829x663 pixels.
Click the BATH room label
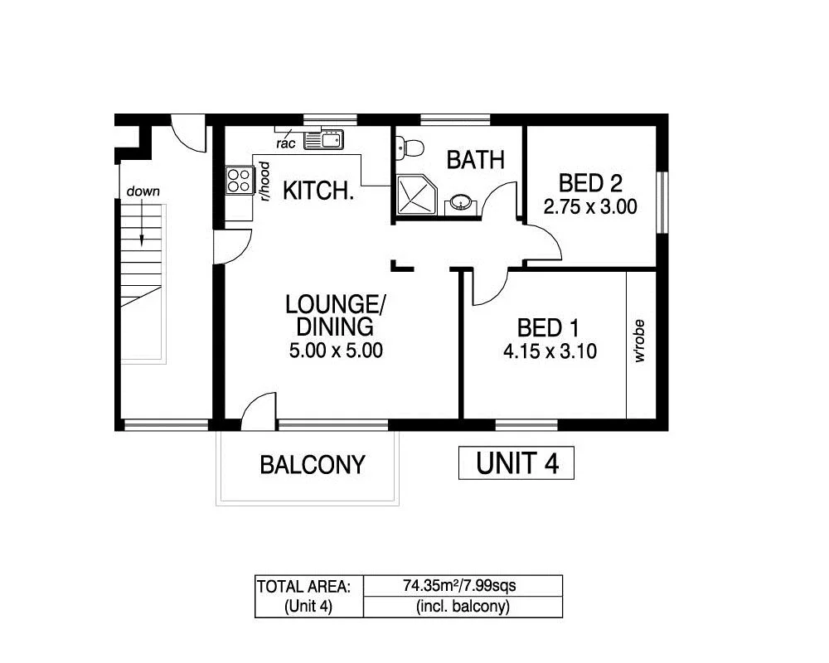click(475, 159)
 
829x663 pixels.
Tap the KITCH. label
click(318, 191)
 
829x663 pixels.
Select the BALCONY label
click(312, 465)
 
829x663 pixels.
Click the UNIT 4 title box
click(516, 463)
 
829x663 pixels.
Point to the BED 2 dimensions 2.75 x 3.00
click(590, 206)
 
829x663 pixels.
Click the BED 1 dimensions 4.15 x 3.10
click(550, 351)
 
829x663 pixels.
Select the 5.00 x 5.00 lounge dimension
click(335, 351)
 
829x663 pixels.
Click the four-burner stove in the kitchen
click(240, 180)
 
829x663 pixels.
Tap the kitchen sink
click(323, 141)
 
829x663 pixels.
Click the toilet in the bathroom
click(410, 148)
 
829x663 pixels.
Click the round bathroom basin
click(459, 201)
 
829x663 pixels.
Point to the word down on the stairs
click(143, 191)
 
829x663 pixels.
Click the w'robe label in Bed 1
click(639, 346)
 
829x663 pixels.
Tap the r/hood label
click(265, 181)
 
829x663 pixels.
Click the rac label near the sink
click(287, 143)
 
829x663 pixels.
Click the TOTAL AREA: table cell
click(308, 586)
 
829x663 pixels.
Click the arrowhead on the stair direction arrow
click(142, 240)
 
